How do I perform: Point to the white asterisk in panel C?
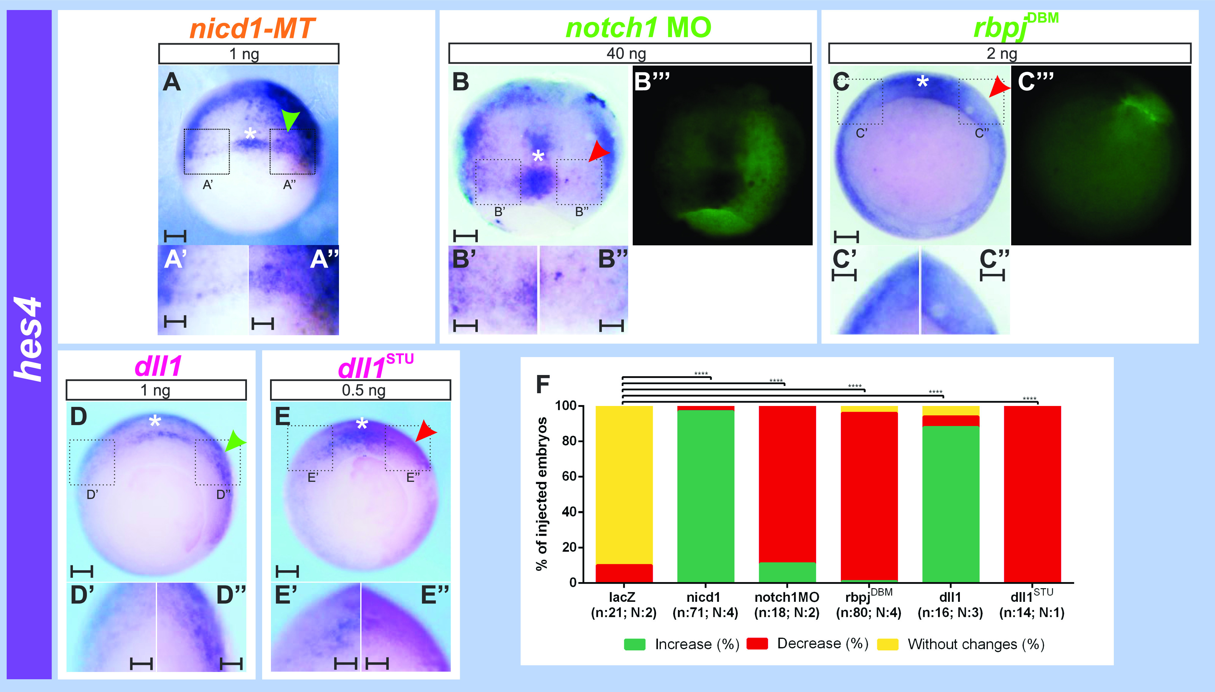point(922,82)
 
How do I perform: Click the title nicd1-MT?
point(252,28)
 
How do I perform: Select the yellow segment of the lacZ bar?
point(624,485)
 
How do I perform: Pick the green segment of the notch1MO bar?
point(787,572)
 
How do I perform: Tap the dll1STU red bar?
point(1032,494)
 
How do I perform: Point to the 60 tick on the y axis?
point(569,476)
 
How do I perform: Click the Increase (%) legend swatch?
point(635,644)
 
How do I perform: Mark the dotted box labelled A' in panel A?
point(207,152)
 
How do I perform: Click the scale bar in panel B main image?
point(465,235)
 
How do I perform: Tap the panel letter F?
point(542,384)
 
